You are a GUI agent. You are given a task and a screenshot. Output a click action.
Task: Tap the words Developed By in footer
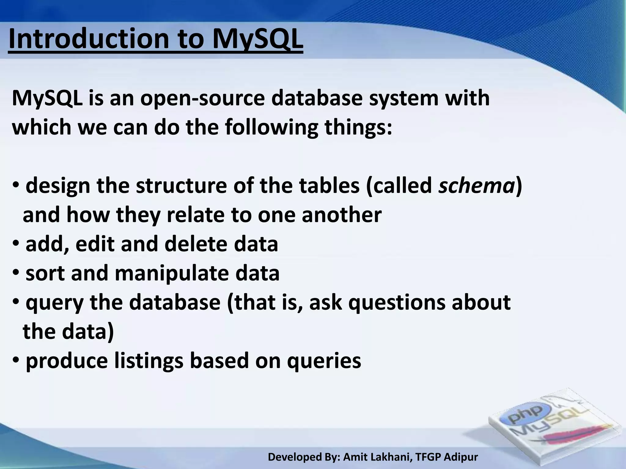coord(303,457)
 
